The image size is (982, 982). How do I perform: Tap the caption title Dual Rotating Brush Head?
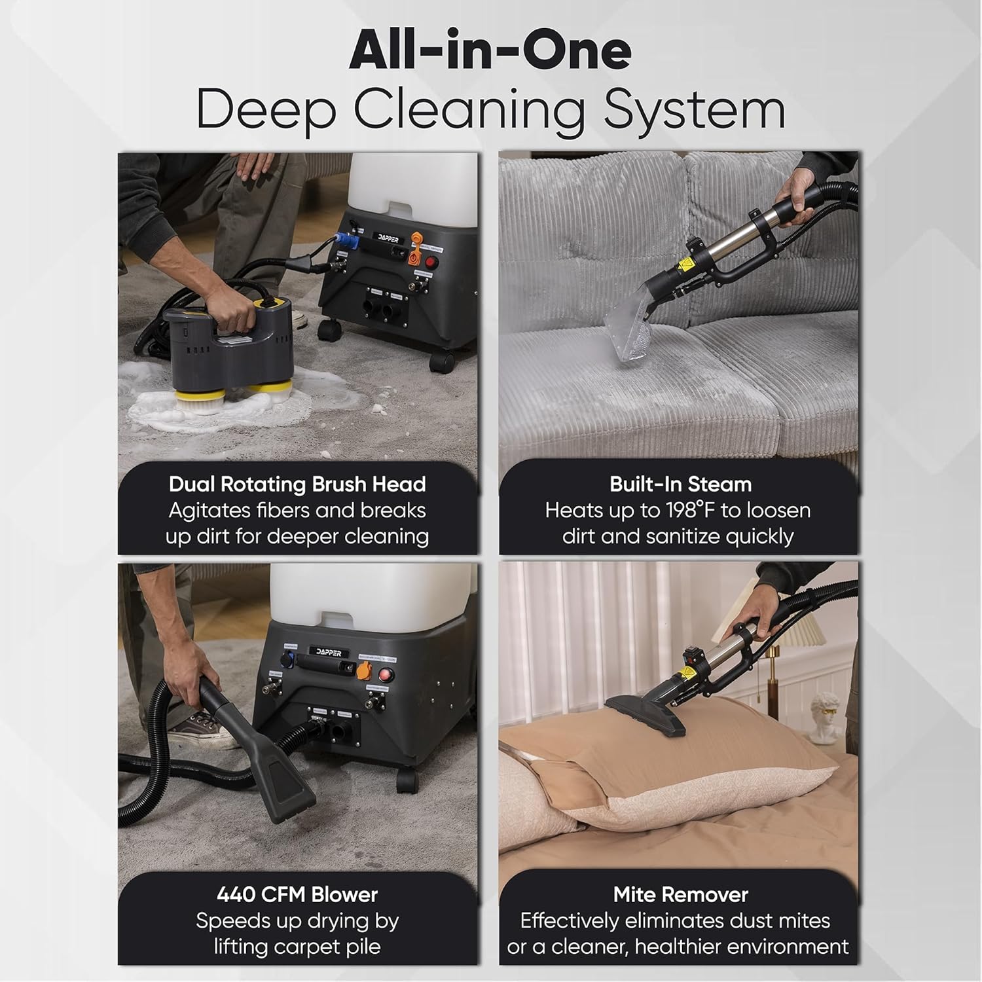(297, 484)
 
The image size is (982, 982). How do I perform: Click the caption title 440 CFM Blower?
(297, 894)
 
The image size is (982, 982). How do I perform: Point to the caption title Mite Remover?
(680, 894)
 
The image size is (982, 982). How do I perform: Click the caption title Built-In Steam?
(680, 484)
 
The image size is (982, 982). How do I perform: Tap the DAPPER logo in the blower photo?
(329, 653)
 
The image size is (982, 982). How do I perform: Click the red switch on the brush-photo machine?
(430, 262)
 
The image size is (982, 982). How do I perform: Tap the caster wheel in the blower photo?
(407, 780)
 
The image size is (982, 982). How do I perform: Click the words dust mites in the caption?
(776, 921)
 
